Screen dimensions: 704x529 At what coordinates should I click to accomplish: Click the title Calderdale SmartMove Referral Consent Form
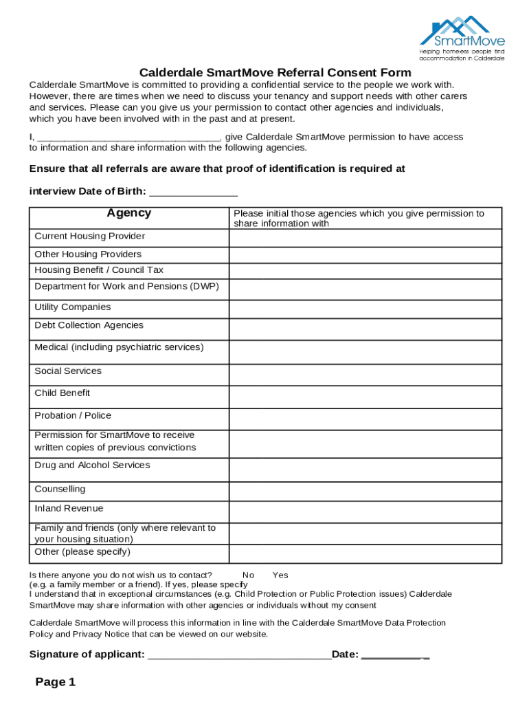[275, 73]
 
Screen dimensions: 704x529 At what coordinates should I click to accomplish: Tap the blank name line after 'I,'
[128, 137]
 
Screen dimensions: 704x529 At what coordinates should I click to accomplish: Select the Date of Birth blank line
[193, 191]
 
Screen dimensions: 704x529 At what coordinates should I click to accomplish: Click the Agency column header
[129, 213]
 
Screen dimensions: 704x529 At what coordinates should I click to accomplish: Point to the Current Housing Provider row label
[90, 236]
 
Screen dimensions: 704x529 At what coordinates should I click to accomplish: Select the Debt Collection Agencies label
[89, 325]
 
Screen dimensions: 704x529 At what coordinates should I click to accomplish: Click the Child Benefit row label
[63, 393]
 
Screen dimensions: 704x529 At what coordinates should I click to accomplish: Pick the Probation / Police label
[73, 416]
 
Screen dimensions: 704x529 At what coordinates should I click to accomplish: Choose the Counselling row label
[60, 489]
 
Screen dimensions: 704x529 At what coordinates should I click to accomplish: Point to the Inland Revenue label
[69, 509]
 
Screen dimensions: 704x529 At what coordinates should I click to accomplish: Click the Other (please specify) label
[82, 552]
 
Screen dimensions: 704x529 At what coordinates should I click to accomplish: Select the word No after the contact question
[248, 575]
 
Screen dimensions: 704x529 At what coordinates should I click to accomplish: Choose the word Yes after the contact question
[280, 575]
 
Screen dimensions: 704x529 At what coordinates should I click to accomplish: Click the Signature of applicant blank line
[239, 655]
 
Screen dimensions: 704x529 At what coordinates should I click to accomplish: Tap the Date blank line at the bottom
[395, 655]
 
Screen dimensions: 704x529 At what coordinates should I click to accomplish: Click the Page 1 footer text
[56, 683]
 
